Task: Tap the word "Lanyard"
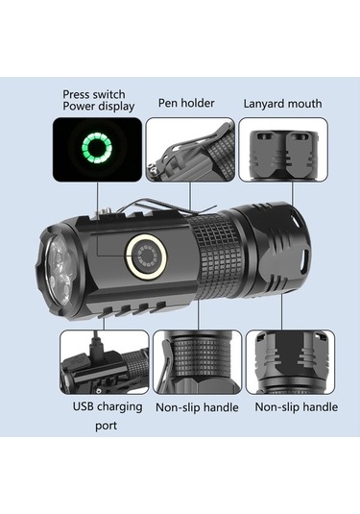tap(263, 102)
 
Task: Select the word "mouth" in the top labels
tap(305, 102)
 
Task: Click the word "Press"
tap(80, 94)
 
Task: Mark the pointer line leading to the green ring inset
tap(96, 202)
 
